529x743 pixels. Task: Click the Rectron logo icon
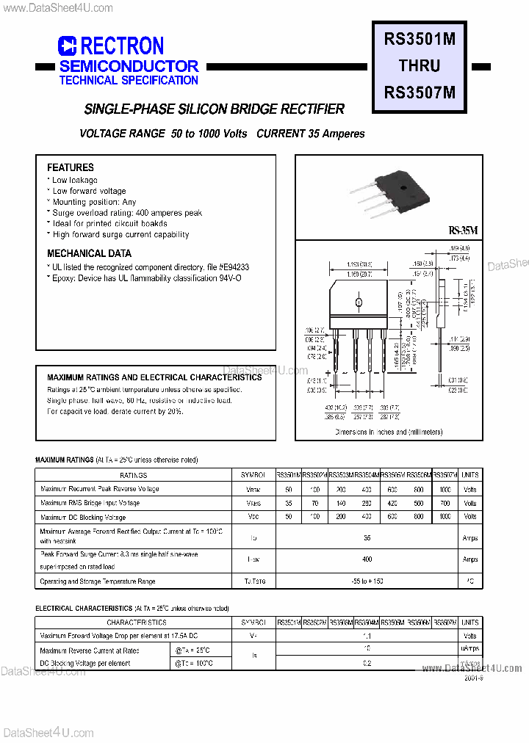pos(67,47)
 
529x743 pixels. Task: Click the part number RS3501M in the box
pos(420,40)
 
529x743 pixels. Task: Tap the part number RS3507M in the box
pos(420,93)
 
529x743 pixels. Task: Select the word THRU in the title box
pos(420,66)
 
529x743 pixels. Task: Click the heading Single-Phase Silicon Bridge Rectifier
pos(215,109)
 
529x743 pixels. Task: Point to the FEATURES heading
pos(71,167)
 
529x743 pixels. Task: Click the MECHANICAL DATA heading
pos(89,254)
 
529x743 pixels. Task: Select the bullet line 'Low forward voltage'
pos(89,191)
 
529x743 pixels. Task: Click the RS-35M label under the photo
pos(463,231)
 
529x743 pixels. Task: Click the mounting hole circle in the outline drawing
pos(359,302)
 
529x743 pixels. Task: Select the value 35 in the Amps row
pos(367,538)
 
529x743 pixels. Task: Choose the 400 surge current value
pos(367,559)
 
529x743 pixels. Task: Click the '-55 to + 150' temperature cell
pos(367,581)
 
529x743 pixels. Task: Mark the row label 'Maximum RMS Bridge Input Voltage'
pos(90,503)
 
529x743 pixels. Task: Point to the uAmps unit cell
pos(470,650)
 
